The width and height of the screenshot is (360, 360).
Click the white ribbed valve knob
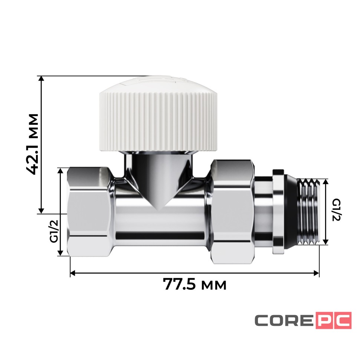[158, 119]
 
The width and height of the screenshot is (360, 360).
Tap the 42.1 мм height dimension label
[33, 145]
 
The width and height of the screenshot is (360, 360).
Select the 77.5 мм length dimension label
[194, 285]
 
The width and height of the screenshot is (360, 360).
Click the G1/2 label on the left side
[54, 231]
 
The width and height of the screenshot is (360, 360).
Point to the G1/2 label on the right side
[336, 210]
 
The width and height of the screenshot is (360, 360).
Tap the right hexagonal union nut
[233, 212]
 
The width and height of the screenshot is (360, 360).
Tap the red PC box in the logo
[333, 320]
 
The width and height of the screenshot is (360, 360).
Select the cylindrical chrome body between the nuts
[161, 223]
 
